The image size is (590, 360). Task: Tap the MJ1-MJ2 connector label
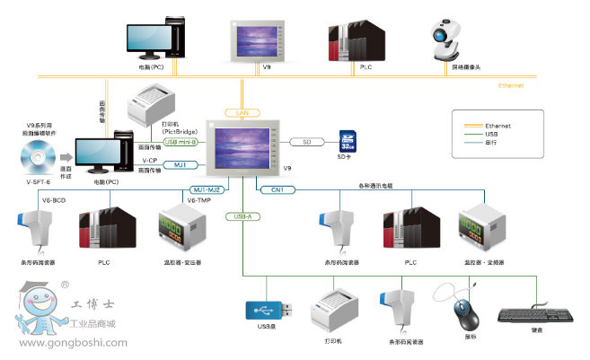coord(207,189)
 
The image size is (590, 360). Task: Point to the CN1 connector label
coord(277,189)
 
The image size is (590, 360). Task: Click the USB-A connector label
coord(242,216)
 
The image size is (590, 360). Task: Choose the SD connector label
coord(307,141)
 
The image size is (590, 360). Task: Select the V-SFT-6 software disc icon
coord(34,162)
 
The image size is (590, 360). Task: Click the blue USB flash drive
coord(268,309)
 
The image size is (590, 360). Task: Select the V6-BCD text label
coord(53,199)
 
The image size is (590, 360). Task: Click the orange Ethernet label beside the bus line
coord(512,85)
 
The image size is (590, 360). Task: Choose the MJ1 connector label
coord(180,164)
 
